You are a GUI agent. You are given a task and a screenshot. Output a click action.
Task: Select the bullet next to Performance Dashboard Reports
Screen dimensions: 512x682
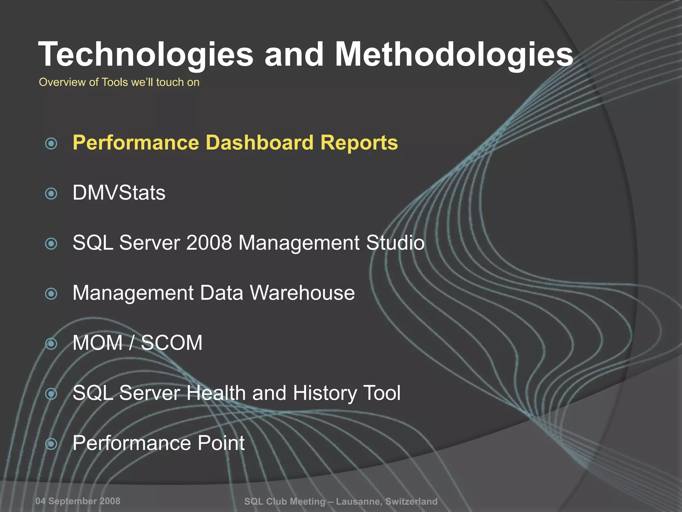[x=51, y=144]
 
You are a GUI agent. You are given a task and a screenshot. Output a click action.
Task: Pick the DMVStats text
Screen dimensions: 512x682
[x=119, y=193]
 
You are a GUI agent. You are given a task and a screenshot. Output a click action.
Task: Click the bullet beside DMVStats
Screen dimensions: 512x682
[x=51, y=193]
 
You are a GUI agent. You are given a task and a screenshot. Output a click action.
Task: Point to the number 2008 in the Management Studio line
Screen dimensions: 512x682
[x=209, y=242]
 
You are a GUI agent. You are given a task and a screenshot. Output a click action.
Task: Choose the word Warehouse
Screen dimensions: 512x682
[x=302, y=293]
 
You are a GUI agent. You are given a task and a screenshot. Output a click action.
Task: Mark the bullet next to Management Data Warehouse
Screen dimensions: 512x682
[x=51, y=294]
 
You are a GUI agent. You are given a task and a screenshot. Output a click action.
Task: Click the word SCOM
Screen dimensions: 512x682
[x=171, y=343]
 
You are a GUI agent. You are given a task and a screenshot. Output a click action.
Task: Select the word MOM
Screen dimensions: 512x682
[x=98, y=343]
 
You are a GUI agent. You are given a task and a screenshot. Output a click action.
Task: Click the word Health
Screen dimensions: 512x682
[x=216, y=393]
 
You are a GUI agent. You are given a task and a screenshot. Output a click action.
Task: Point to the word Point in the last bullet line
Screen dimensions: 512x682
[x=221, y=443]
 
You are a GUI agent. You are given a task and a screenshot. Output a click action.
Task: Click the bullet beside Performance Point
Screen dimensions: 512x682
[x=51, y=444]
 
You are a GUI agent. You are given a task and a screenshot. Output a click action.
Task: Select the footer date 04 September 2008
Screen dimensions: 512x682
[x=78, y=501]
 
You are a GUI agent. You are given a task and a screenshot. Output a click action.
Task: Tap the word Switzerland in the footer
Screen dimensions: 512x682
[x=411, y=501]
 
